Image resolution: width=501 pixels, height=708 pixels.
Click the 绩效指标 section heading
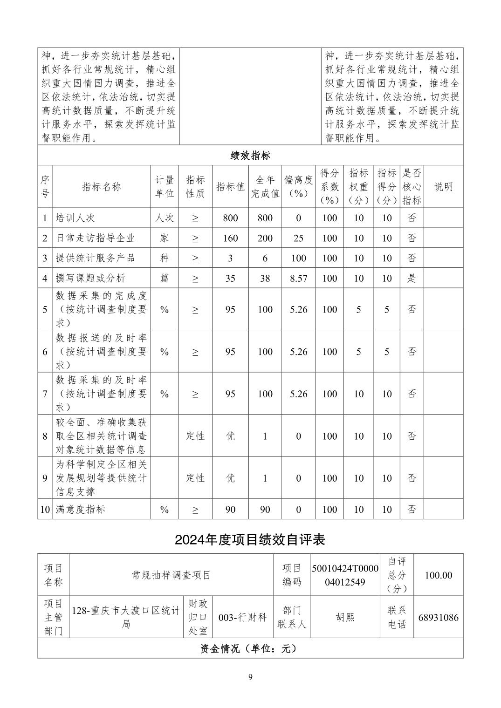250,156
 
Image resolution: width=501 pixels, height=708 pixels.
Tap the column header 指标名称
101,187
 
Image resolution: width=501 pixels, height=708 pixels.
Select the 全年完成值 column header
265,187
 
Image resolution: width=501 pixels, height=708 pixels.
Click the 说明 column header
443,187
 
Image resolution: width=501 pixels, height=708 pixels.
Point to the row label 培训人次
75,218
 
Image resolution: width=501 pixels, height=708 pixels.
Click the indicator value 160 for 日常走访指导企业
230,238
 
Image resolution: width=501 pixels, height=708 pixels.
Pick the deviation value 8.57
298,278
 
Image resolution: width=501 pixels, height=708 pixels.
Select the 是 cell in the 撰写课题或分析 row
412,278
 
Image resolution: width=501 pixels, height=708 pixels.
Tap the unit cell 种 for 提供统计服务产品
164,258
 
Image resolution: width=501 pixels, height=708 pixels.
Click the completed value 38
265,278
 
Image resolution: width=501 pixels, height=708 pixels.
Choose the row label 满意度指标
81,509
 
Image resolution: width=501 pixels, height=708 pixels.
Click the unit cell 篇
164,278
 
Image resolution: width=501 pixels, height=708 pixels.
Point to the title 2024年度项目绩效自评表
250,539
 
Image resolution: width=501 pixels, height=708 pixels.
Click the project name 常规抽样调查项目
172,575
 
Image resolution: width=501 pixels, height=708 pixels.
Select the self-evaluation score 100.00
438,575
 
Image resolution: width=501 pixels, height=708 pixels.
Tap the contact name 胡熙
345,618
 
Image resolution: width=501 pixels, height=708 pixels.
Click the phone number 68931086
438,618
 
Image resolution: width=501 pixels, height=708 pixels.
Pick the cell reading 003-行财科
242,618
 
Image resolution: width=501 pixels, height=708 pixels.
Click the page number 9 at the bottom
250,677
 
